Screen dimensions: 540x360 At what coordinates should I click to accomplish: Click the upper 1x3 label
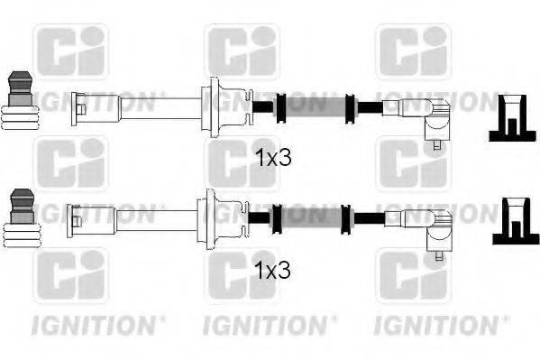point(274,159)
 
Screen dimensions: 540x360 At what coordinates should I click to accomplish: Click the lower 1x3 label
point(274,269)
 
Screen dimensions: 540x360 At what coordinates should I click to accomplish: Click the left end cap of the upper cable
point(78,106)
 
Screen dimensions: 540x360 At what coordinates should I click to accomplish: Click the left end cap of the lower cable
point(78,217)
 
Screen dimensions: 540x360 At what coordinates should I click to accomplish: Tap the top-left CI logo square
point(70,52)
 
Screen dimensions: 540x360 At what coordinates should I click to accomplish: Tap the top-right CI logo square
point(413,52)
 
